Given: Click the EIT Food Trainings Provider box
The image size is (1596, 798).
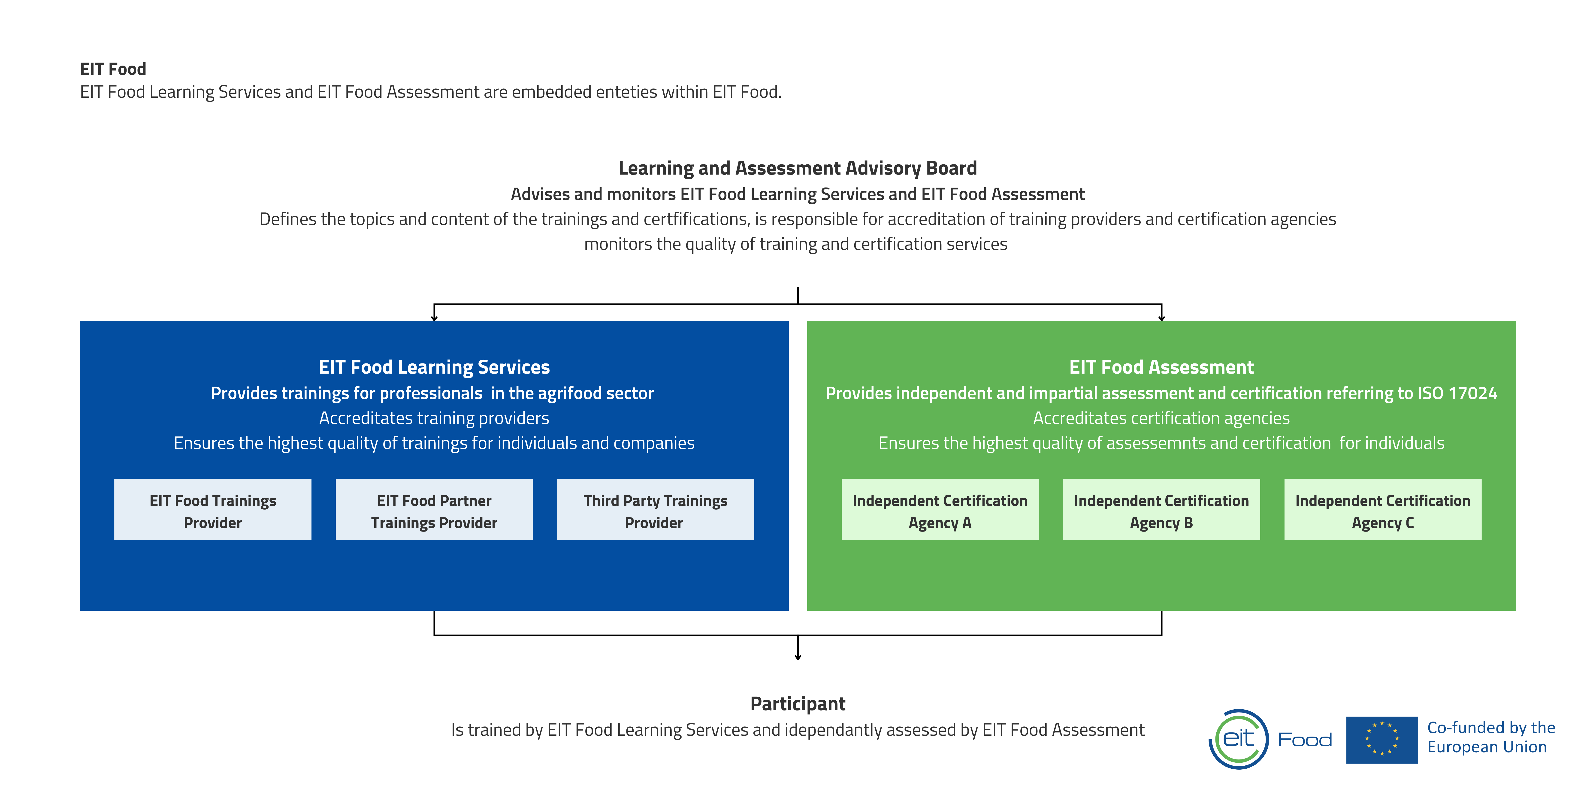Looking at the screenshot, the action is [212, 509].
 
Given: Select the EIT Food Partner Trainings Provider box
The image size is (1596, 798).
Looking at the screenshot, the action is [434, 509].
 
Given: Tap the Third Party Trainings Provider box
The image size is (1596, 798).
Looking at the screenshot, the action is [656, 509].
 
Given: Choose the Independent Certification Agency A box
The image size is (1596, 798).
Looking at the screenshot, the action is [940, 509].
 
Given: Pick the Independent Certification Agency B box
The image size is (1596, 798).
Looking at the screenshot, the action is [1161, 509].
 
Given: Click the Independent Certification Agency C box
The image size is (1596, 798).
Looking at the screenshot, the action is [1383, 509].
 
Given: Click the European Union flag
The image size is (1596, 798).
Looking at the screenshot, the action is [1382, 740].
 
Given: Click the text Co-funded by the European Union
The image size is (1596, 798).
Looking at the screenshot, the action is [1491, 737].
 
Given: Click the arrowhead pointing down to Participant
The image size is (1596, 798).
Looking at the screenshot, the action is [798, 657].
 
